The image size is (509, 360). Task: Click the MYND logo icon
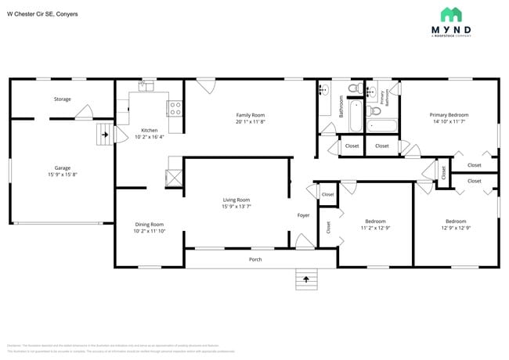coord(451,14)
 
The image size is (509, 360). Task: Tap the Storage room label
coord(62,99)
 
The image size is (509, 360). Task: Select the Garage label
coord(62,167)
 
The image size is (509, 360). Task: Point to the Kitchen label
coord(149,130)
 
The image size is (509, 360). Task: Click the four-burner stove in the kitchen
coord(175,108)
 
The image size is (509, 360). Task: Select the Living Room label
coord(236,200)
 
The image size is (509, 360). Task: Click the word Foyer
coord(303,214)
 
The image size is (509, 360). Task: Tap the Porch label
coord(255,259)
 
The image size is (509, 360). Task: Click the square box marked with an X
coord(175,177)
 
